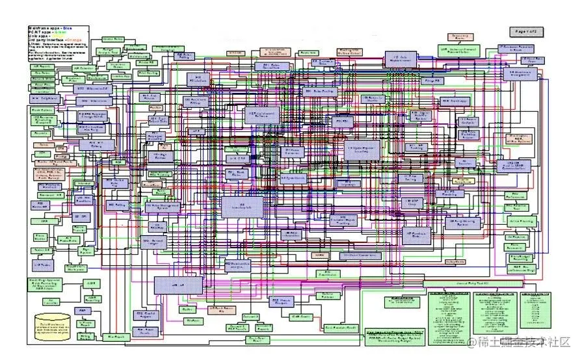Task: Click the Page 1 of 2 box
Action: click(529, 31)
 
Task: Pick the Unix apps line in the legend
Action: click(40, 36)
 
